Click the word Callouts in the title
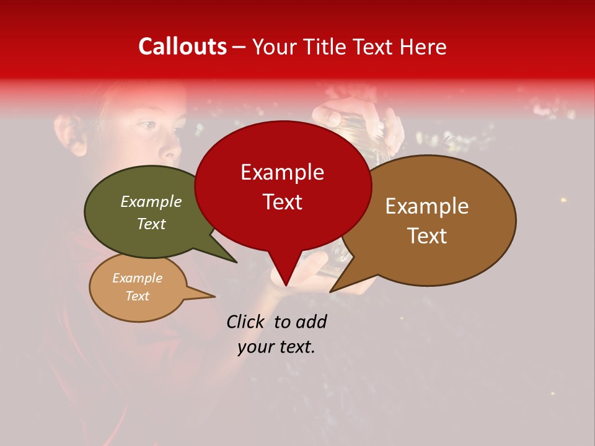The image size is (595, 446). (x=182, y=46)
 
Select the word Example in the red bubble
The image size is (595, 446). (x=282, y=172)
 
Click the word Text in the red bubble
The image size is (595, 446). (x=282, y=202)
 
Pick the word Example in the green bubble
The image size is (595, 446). (x=151, y=201)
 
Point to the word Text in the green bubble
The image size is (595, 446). (x=151, y=224)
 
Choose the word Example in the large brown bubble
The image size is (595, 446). (x=427, y=206)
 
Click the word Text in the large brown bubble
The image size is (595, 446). (x=427, y=236)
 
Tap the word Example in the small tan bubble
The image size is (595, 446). (x=137, y=278)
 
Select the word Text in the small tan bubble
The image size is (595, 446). (x=137, y=296)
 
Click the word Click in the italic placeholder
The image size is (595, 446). (x=247, y=321)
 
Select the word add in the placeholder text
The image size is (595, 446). (x=311, y=321)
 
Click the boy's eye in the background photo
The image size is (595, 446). (x=146, y=126)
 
